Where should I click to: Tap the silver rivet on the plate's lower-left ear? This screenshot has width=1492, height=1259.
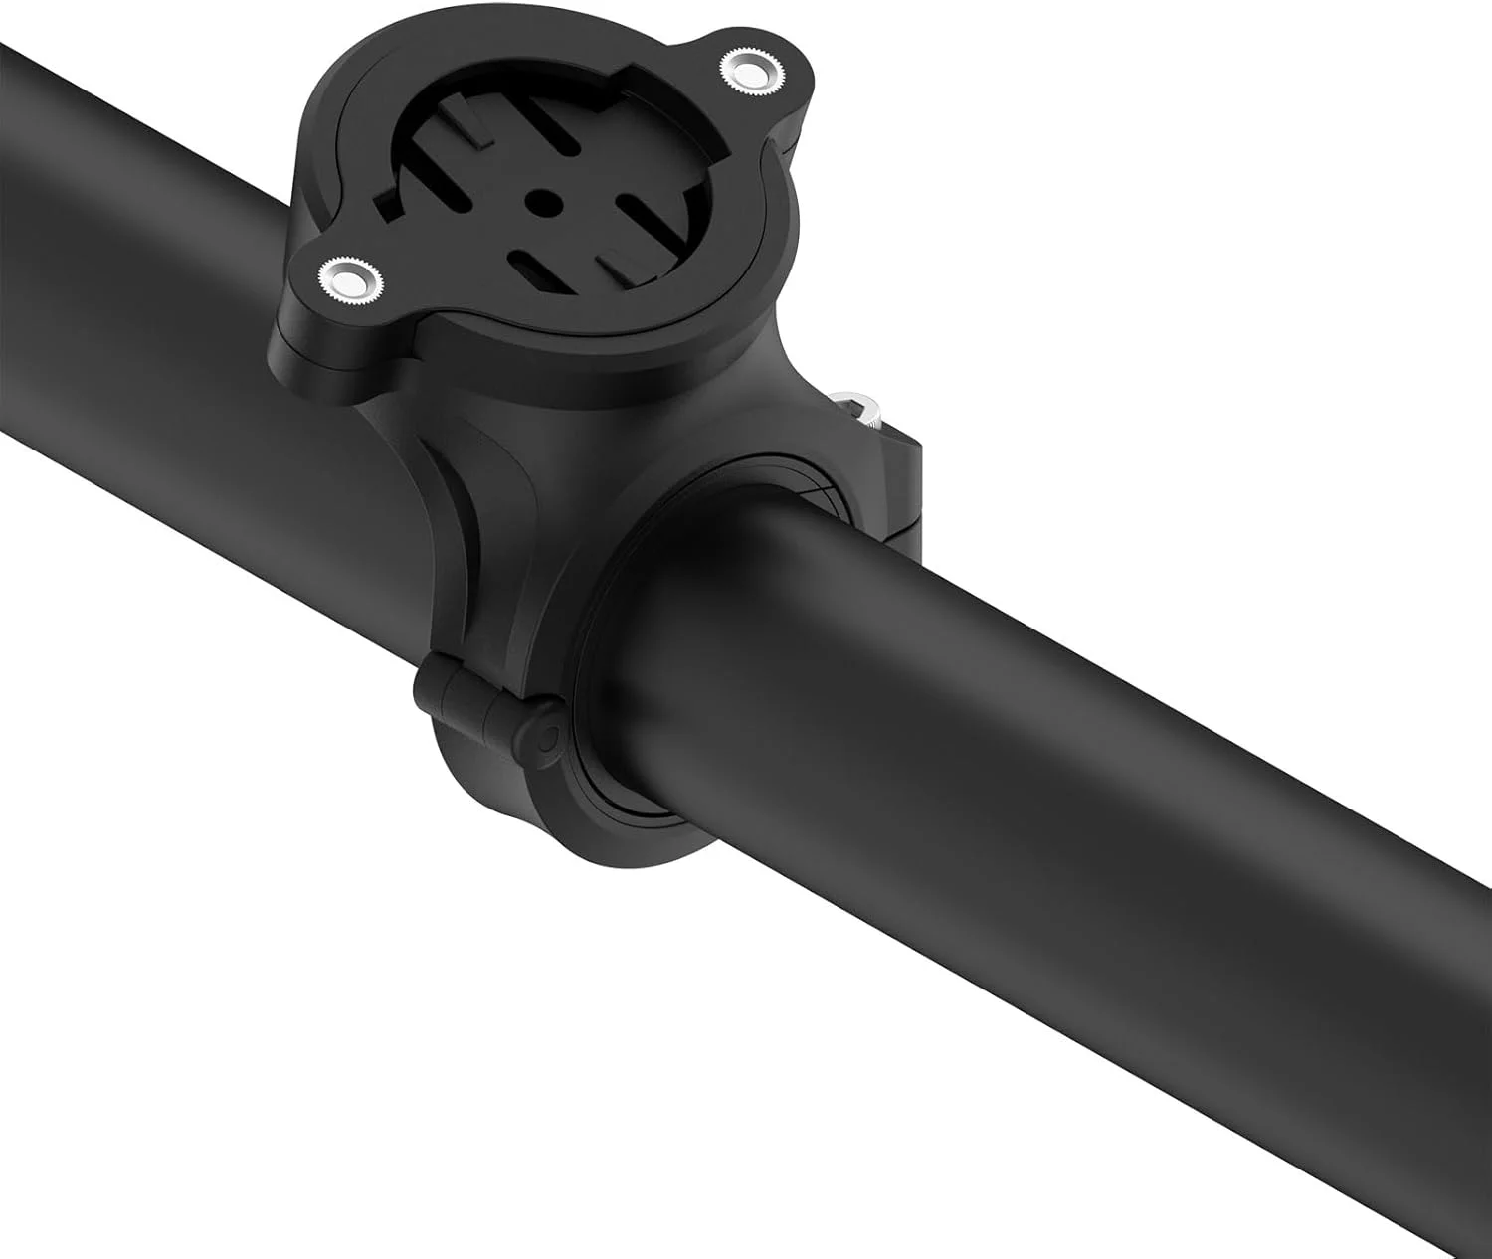click(x=349, y=275)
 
